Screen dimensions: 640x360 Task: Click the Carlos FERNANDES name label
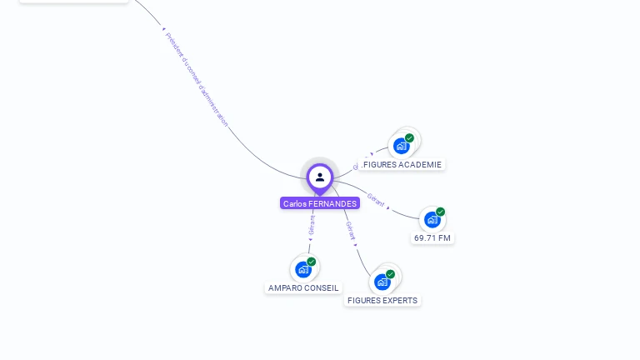320,203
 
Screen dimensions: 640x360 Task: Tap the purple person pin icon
320,177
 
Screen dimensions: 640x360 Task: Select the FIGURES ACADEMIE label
402,164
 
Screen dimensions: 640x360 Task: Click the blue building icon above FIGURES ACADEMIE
402,146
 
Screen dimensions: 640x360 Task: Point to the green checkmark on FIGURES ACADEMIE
409,138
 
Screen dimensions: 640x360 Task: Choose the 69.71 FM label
432,237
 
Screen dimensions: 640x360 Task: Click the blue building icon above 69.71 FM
432,220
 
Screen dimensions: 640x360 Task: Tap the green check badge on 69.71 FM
440,212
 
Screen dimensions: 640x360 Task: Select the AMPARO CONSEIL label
303,287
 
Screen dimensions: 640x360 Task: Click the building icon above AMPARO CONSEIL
303,269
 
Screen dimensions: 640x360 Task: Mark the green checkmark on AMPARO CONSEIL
311,262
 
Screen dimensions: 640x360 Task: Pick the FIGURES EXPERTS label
382,300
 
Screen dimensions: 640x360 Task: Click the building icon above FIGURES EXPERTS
382,282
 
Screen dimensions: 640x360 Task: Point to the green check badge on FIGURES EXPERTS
390,274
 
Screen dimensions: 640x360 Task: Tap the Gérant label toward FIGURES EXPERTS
351,231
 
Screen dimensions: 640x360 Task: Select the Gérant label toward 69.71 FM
376,200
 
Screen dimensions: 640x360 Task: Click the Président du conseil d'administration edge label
196,79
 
